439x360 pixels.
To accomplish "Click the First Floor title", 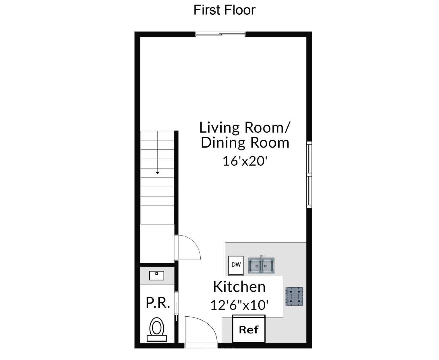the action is click(x=224, y=10).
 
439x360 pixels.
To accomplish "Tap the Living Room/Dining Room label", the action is click(x=245, y=135).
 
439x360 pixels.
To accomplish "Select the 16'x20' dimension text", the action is click(x=245, y=161).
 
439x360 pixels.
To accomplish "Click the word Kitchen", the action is click(x=239, y=287).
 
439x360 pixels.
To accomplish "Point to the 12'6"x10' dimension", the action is click(x=239, y=305).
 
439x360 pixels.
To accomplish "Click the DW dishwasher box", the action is click(x=236, y=265).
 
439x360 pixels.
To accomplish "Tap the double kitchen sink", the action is click(x=261, y=265).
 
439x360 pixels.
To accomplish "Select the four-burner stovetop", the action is click(x=294, y=297).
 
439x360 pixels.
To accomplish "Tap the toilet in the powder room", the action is click(x=157, y=329).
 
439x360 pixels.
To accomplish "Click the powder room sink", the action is click(x=157, y=276).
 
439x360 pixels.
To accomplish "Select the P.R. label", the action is click(x=158, y=303).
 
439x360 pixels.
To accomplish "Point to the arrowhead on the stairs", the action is click(x=158, y=173).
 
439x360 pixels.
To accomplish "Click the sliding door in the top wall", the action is click(x=220, y=34).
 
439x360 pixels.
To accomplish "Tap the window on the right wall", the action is click(x=309, y=175).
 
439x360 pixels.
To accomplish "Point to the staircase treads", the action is click(x=157, y=177).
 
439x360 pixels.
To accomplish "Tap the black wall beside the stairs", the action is click(x=176, y=182).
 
